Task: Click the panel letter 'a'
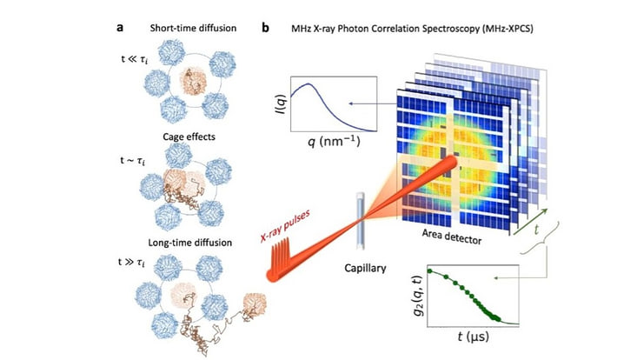[x=120, y=28]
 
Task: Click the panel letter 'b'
[x=265, y=28]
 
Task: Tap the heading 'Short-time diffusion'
[x=193, y=28]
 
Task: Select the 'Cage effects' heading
[x=189, y=137]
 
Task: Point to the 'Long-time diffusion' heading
[x=189, y=243]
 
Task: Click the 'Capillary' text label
[x=365, y=268]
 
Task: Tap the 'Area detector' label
[x=452, y=237]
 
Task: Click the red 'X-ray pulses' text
[x=285, y=225]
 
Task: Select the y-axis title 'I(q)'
[x=282, y=103]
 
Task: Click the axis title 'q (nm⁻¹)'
[x=334, y=141]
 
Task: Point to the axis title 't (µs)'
[x=474, y=337]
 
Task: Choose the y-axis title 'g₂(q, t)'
[x=419, y=297]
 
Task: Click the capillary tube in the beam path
[x=361, y=222]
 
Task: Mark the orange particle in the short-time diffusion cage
[x=193, y=81]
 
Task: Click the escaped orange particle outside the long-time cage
[x=255, y=305]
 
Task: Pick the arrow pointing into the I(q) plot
[x=373, y=104]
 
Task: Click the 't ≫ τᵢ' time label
[x=131, y=262]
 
